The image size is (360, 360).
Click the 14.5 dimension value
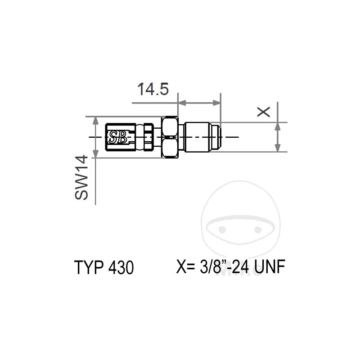pos(153,89)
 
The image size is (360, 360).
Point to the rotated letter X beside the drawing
pos(264,111)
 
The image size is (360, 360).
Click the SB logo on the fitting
pos(118,137)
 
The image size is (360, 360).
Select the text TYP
pos(89,268)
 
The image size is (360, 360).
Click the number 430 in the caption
pos(120,268)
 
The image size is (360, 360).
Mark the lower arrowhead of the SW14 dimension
pos(95,154)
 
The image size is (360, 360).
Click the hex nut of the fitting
pos(170,137)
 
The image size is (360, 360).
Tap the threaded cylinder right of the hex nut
pos(198,137)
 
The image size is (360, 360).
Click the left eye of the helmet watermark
pos(221,229)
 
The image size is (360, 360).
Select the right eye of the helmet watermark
pos(258,229)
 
